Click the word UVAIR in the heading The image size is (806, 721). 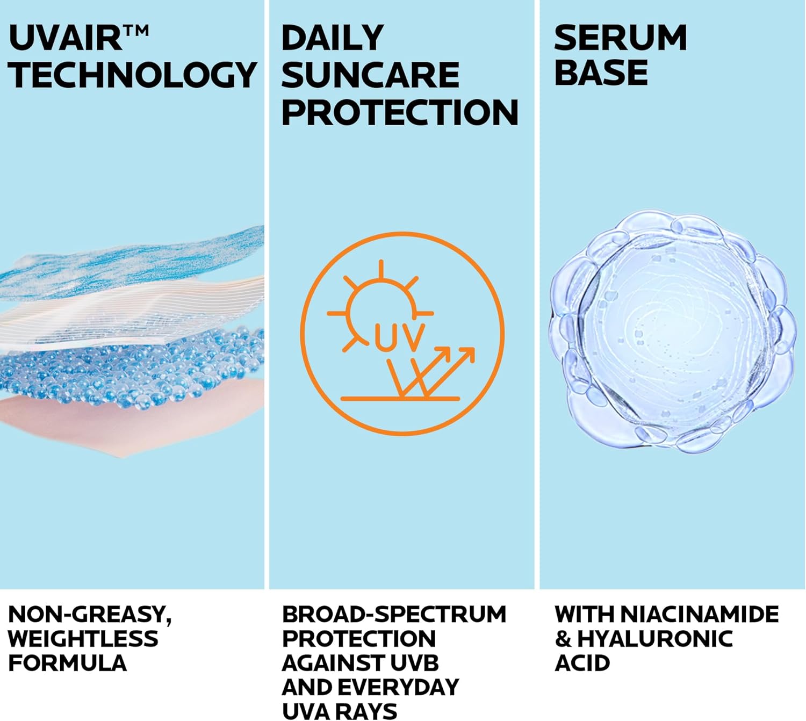tap(65, 38)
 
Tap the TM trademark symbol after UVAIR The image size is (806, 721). tap(136, 31)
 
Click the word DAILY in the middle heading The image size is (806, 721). tap(332, 38)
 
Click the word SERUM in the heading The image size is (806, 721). tap(620, 38)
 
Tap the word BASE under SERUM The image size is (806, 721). tap(601, 73)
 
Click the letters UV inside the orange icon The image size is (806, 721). tap(399, 337)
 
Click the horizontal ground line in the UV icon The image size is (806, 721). tap(400, 398)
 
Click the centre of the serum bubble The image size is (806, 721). tap(672, 332)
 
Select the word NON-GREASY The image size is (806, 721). tap(90, 615)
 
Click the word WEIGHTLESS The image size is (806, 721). tap(83, 639)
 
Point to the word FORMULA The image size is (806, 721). tap(68, 663)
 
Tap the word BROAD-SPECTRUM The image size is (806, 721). tap(394, 614)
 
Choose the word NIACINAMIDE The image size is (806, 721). tap(700, 614)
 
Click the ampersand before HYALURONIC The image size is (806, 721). tap(563, 639)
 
